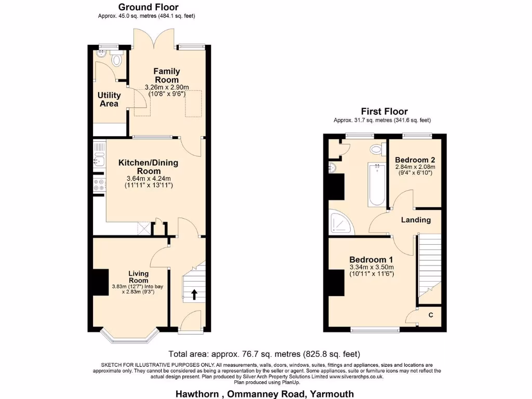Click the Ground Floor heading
(x=148, y=7)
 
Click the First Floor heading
(x=384, y=112)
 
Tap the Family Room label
(x=166, y=75)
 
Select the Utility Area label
(x=109, y=99)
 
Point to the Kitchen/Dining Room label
(x=148, y=167)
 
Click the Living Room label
(x=138, y=277)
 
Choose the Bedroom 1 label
(x=371, y=260)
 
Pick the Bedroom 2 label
(x=415, y=159)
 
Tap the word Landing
(x=416, y=220)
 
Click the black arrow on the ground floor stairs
(x=194, y=295)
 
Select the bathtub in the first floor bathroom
(x=377, y=184)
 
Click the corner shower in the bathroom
(x=341, y=221)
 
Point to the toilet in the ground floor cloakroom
(x=116, y=60)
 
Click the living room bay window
(x=128, y=338)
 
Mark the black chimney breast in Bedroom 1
(x=336, y=283)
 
